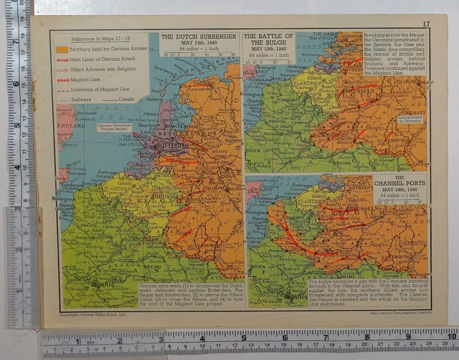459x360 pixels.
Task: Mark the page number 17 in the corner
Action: (426, 24)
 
